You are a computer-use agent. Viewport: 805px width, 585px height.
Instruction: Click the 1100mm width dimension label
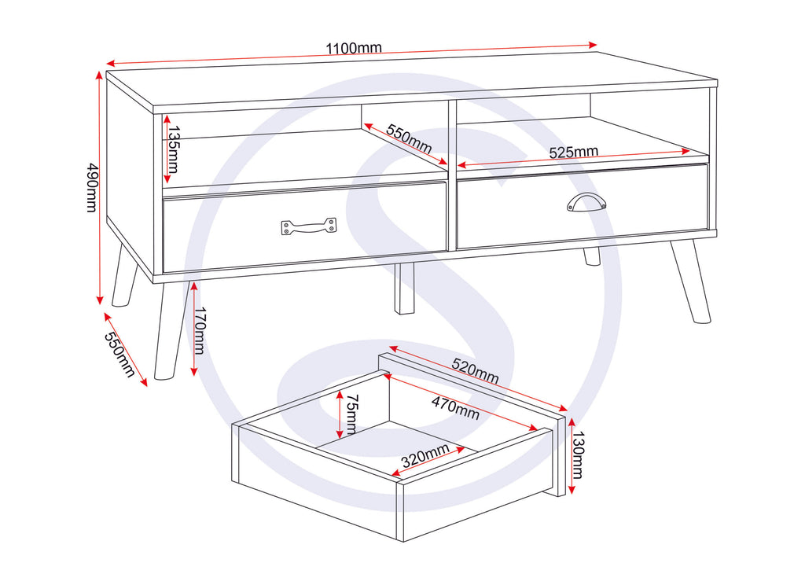click(x=354, y=48)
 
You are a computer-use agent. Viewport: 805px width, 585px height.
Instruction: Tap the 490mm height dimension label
click(x=91, y=187)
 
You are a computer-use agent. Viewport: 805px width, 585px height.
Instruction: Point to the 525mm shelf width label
click(x=573, y=152)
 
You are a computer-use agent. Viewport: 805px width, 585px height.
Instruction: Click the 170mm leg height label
click(x=199, y=331)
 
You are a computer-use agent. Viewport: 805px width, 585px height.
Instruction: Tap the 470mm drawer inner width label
click(x=455, y=408)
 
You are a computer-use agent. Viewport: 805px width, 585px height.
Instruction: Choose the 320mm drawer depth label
click(x=425, y=455)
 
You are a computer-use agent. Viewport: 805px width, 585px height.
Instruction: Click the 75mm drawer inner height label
click(x=351, y=414)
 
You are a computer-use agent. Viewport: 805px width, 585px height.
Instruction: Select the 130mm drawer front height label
click(x=578, y=455)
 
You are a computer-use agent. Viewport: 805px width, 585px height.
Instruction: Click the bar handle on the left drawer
click(x=308, y=226)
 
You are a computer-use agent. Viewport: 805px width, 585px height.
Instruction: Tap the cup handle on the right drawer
click(x=586, y=202)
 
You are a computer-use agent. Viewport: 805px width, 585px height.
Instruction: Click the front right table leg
click(x=691, y=281)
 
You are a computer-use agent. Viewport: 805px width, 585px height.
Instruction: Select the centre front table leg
click(x=404, y=289)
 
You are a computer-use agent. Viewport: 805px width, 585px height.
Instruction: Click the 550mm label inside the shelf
click(x=409, y=138)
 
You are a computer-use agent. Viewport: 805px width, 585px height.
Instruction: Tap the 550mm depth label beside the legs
click(x=120, y=355)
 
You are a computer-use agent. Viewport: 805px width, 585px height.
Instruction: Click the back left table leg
click(x=125, y=275)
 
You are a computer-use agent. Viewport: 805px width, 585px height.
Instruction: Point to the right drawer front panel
click(x=583, y=207)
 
